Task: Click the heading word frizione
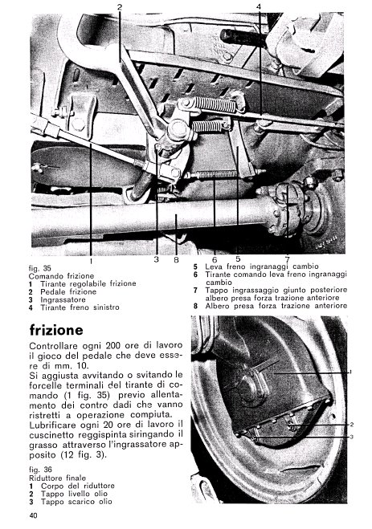coord(56,330)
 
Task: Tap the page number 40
coord(34,515)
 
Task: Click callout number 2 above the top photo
coord(120,6)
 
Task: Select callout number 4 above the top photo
coord(259,6)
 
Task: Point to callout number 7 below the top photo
coord(287,259)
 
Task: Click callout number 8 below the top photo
coord(176,260)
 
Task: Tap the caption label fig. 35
coord(40,269)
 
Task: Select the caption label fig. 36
coord(40,470)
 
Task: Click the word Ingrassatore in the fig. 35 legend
coord(63,299)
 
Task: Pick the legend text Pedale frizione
coord(68,291)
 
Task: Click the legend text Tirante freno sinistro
coord(80,307)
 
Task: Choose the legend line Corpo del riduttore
coord(78,486)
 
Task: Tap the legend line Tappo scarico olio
coord(76,502)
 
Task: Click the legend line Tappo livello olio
coord(74,494)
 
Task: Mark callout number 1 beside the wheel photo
coord(350,372)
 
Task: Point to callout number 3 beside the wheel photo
coord(351,437)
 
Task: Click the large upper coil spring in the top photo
coord(215,104)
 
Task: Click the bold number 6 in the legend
coord(195,275)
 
